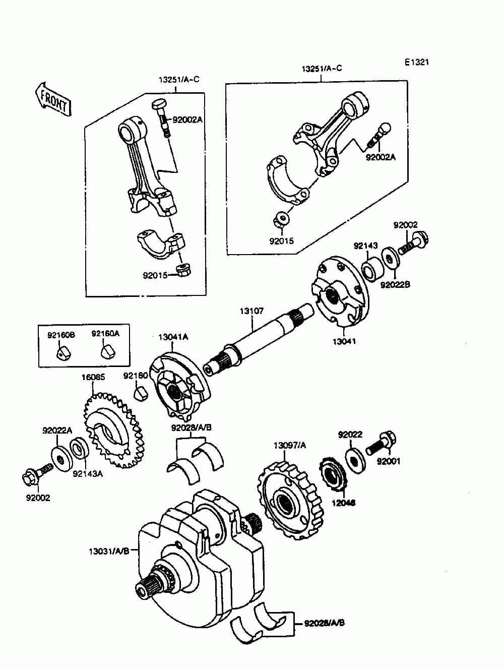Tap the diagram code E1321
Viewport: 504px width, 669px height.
[416, 63]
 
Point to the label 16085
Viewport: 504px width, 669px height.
[93, 377]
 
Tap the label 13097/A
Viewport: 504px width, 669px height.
[290, 445]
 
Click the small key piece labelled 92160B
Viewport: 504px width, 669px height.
[61, 353]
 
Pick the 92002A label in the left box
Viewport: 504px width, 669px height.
[187, 120]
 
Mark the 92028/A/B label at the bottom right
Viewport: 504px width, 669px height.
[325, 623]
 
